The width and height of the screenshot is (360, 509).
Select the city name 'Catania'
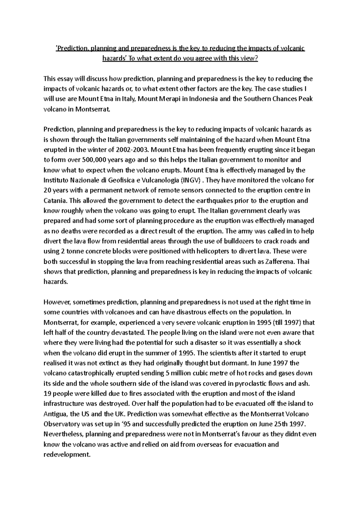(x=54, y=200)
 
